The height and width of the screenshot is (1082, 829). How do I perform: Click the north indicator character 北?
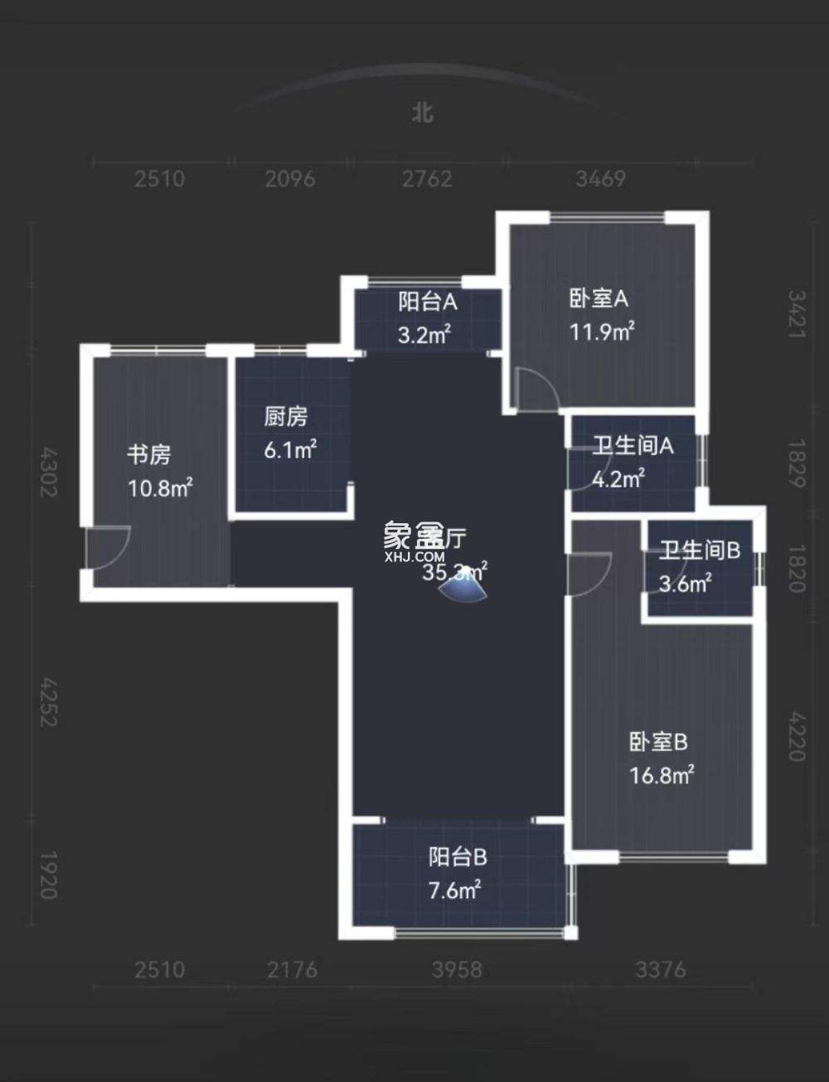pos(423,112)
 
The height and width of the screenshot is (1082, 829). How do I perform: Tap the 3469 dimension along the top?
pos(600,178)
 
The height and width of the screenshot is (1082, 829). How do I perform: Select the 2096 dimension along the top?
pos(290,178)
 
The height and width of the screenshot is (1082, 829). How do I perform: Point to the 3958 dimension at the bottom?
pos(456,969)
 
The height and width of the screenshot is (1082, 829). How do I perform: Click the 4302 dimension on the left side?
pos(49,473)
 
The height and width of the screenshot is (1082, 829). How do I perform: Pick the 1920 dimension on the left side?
pos(49,875)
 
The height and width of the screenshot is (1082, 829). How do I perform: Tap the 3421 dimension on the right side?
pos(796,313)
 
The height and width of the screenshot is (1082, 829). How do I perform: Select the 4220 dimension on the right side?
pos(796,736)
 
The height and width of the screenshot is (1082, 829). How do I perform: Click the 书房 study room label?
pos(149,454)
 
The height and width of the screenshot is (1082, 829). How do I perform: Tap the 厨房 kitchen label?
pos(286,415)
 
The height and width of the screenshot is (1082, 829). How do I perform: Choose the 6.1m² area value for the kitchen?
pos(290,450)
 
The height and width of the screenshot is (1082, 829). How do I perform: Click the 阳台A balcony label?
pos(427,301)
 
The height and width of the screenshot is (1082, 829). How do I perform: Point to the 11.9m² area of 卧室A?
pos(602,332)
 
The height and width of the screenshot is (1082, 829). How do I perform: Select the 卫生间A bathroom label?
pos(633,446)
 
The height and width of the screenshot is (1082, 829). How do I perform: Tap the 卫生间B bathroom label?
pos(700,549)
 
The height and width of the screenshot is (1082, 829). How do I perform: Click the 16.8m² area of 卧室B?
pos(661,775)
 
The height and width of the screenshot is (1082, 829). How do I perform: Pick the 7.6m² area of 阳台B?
pos(455,891)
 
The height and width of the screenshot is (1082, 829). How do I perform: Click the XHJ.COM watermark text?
pos(414,558)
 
